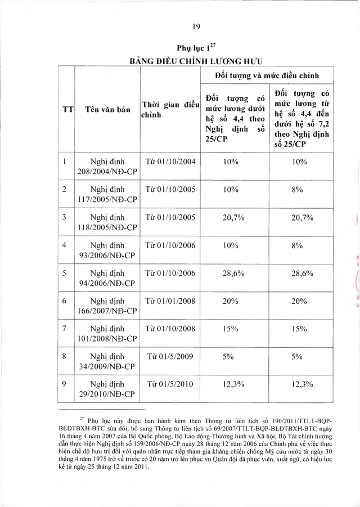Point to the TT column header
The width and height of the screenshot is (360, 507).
(66, 109)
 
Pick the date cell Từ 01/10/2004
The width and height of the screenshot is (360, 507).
(170, 162)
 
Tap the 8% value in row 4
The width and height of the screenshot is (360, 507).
(298, 245)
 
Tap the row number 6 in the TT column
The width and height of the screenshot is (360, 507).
(65, 300)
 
